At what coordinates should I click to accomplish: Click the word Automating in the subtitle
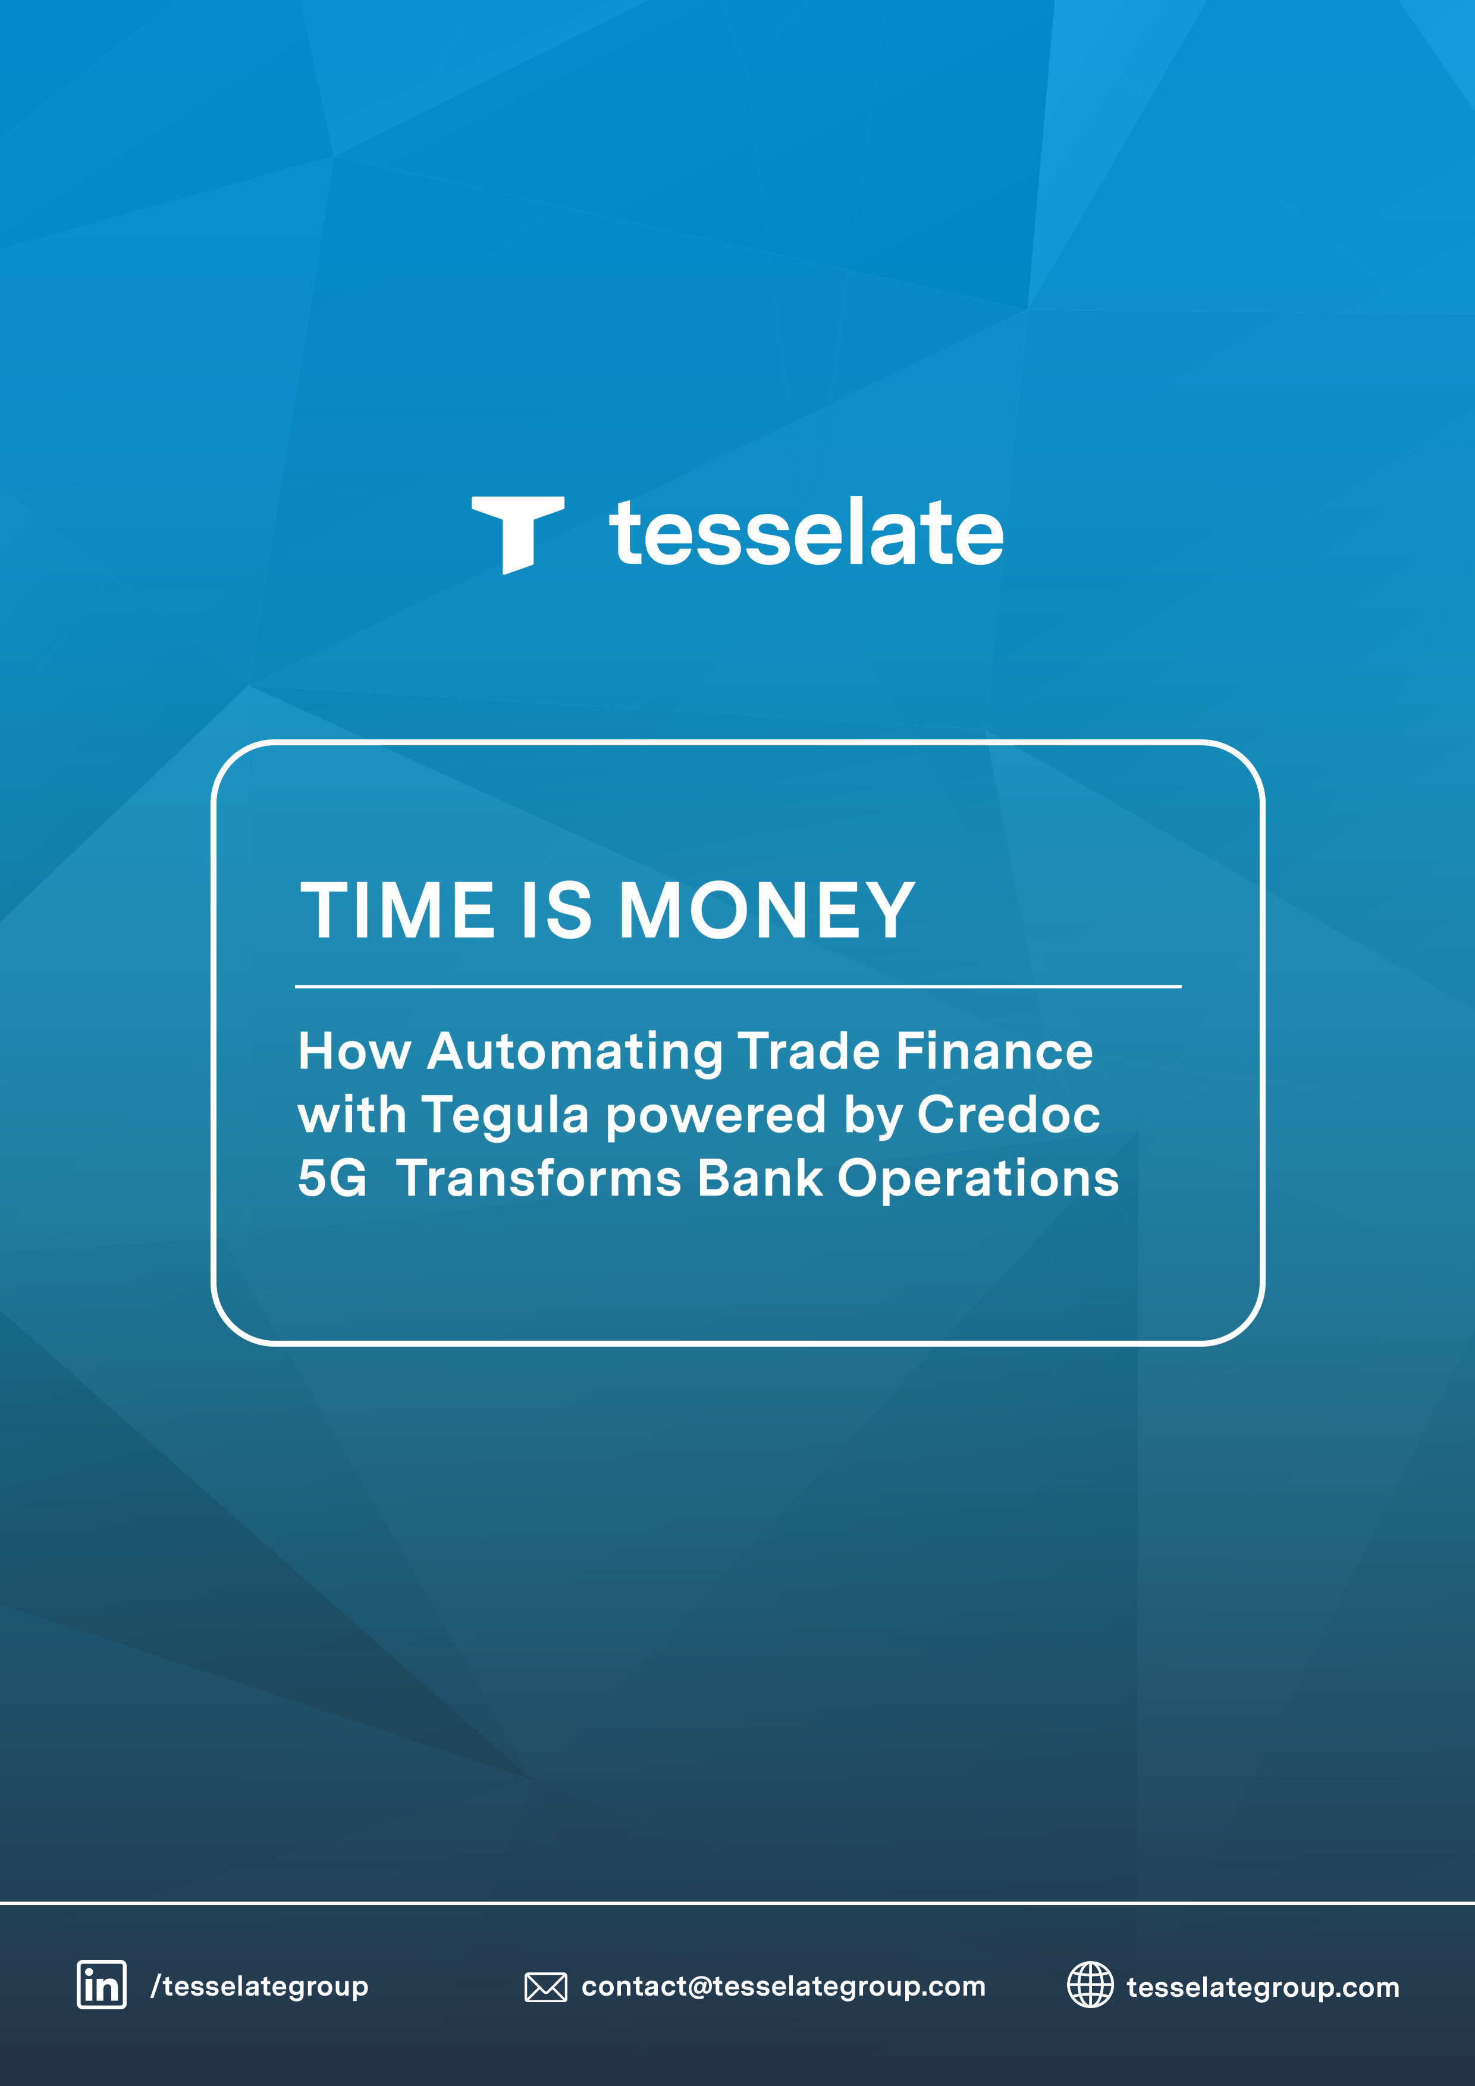575,1053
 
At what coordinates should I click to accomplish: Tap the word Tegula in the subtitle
505,1116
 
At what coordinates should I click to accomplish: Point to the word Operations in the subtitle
978,1180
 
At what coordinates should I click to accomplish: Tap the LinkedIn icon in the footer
102,1985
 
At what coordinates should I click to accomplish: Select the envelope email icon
546,1987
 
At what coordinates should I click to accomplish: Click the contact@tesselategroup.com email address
783,1987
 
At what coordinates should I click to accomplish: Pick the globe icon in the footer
1090,1984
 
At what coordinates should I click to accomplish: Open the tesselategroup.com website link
1263,1987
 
